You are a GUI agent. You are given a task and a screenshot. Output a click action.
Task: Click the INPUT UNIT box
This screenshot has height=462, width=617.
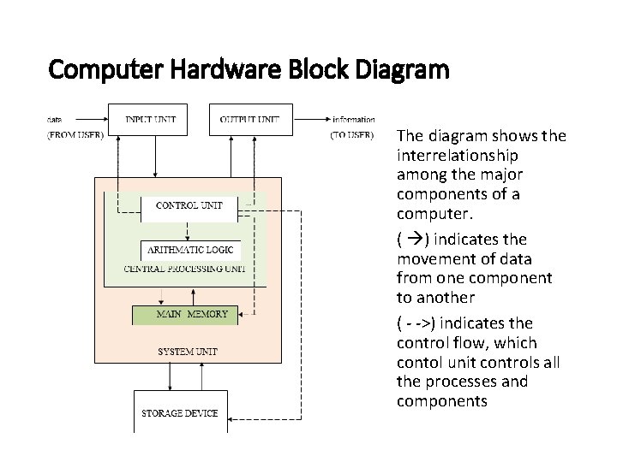pyautogui.click(x=150, y=119)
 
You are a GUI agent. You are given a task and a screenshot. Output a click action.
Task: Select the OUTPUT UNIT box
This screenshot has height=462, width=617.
pyautogui.click(x=250, y=119)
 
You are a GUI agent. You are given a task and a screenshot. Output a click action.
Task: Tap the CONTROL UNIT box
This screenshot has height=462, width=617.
pyautogui.click(x=189, y=205)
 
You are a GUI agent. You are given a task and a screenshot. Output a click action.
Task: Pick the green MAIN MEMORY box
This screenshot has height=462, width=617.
pyautogui.click(x=191, y=314)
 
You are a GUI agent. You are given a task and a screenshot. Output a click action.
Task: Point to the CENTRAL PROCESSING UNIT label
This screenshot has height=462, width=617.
pyautogui.click(x=184, y=269)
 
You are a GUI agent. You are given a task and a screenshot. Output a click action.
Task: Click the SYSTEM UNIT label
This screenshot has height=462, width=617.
pyautogui.click(x=188, y=352)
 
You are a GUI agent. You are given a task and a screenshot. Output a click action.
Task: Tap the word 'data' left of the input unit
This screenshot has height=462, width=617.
pyautogui.click(x=54, y=119)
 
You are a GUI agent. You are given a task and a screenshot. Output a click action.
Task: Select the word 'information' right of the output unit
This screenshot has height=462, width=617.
pyautogui.click(x=354, y=119)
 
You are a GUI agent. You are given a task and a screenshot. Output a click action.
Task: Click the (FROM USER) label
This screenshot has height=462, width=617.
pyautogui.click(x=75, y=134)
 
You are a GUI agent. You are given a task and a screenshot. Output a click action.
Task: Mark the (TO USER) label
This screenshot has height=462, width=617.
pyautogui.click(x=352, y=134)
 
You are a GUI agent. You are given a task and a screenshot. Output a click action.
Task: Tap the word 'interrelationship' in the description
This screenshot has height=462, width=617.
pyautogui.click(x=457, y=156)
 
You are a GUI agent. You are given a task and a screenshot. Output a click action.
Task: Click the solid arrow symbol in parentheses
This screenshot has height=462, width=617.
pyautogui.click(x=411, y=240)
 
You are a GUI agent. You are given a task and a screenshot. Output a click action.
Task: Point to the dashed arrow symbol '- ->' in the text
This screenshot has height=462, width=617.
pyautogui.click(x=416, y=323)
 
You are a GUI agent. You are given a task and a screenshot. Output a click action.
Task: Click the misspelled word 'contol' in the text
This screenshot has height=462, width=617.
pyautogui.click(x=417, y=362)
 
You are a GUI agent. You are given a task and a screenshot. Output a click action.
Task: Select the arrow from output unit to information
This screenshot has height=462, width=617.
pyautogui.click(x=311, y=119)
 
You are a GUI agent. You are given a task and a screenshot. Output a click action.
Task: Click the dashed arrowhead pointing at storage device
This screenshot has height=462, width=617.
pyautogui.click(x=233, y=419)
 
